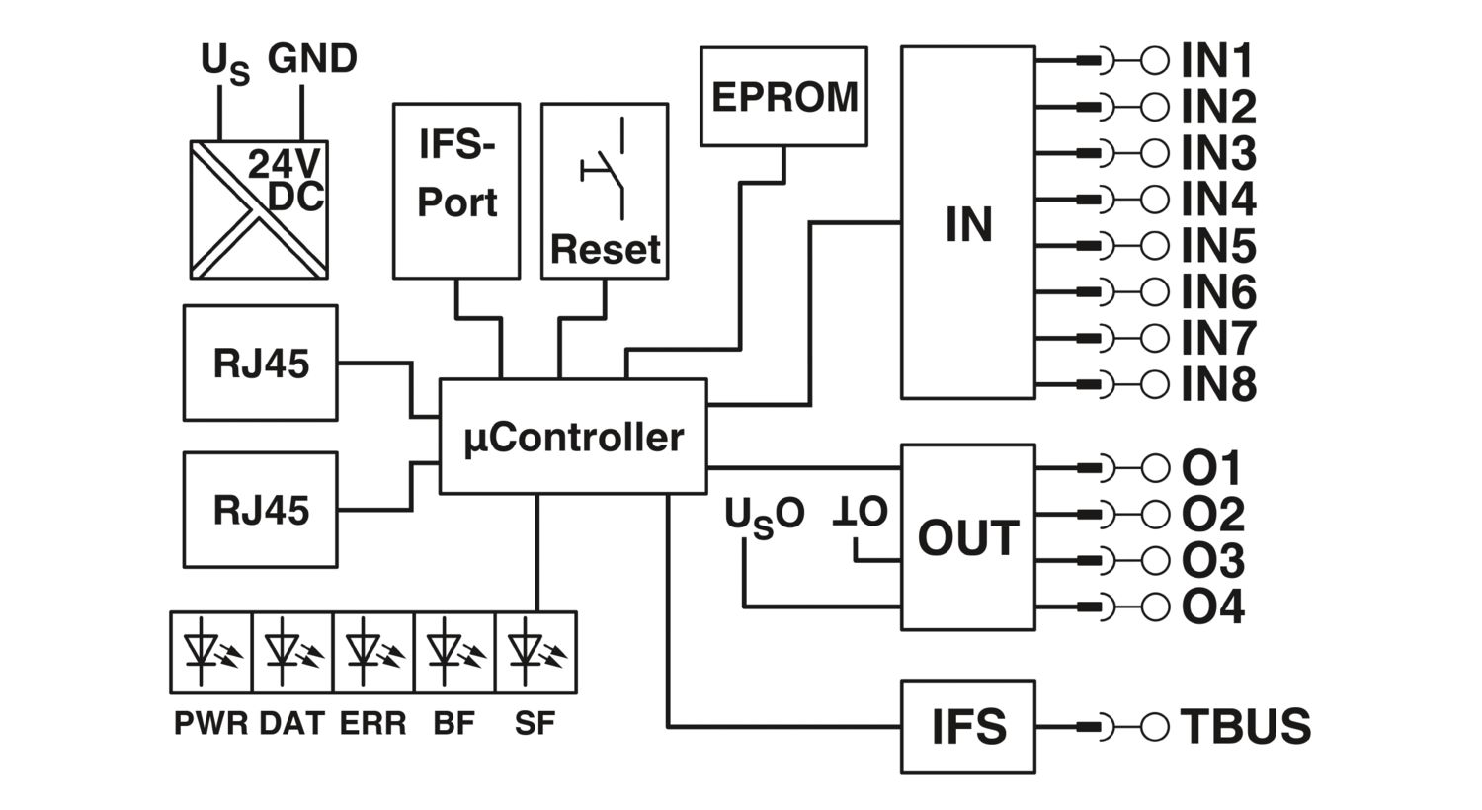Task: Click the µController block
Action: pos(573,436)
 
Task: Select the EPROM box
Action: pos(783,97)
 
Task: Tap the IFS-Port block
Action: pos(455,190)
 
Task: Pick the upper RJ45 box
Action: pos(260,363)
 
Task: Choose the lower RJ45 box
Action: pos(260,510)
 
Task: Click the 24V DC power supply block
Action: pos(259,209)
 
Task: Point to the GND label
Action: pos(312,59)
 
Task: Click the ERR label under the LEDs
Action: pos(372,724)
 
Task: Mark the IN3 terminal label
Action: pos(1218,153)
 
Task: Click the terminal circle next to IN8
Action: pos(1154,383)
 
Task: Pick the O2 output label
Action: pos(1212,515)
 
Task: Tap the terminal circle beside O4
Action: pos(1154,606)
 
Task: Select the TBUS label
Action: pos(1245,727)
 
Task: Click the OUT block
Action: pos(967,537)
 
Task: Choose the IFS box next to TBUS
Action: pos(967,727)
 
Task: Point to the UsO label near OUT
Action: pos(764,517)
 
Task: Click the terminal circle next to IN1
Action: pos(1154,61)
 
